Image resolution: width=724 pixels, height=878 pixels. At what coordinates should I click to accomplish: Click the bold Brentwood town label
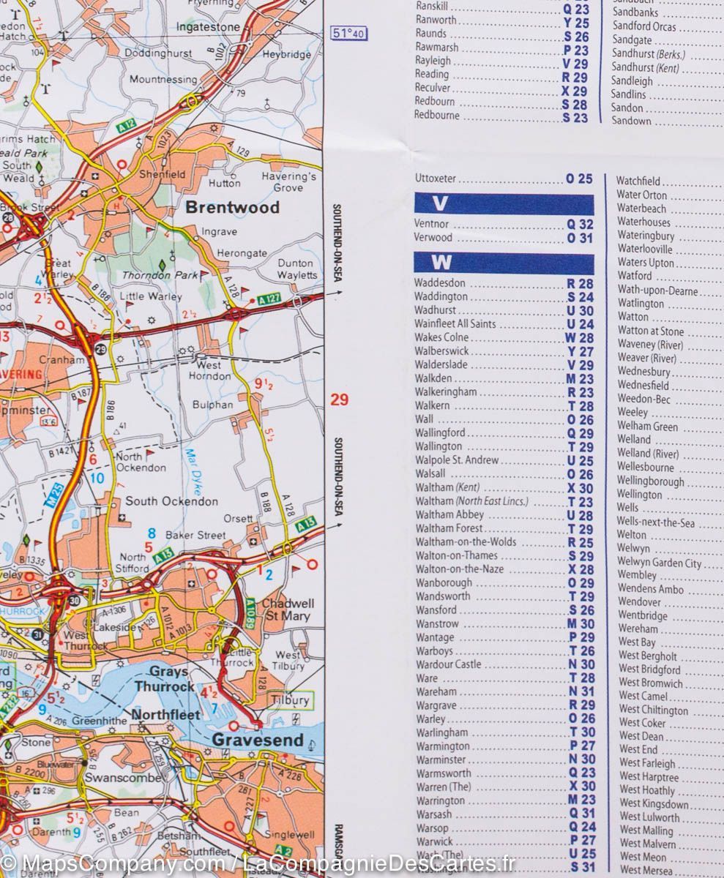pyautogui.click(x=232, y=207)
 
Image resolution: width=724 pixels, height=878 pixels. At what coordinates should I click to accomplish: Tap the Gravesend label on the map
pyautogui.click(x=257, y=740)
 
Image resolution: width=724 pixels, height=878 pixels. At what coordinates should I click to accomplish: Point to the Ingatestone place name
pyautogui.click(x=207, y=27)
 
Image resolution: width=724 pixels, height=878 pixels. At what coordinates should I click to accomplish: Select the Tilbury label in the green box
pyautogui.click(x=290, y=700)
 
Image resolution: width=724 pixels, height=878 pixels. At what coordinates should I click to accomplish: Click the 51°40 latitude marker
pyautogui.click(x=348, y=34)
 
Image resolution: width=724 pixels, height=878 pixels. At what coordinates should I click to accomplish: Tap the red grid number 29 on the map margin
pyautogui.click(x=339, y=399)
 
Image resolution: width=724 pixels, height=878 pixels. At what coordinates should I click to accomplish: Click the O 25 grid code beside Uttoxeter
pyautogui.click(x=579, y=179)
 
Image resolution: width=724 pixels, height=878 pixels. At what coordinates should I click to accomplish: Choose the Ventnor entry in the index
pyautogui.click(x=431, y=224)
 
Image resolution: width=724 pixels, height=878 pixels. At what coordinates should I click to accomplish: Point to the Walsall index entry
pyautogui.click(x=432, y=474)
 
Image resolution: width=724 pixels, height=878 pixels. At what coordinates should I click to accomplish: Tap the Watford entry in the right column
pyautogui.click(x=634, y=276)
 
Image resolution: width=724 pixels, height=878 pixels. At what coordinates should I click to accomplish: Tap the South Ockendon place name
pyautogui.click(x=171, y=501)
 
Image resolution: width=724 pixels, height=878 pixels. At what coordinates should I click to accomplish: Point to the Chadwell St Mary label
pyautogui.click(x=288, y=609)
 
